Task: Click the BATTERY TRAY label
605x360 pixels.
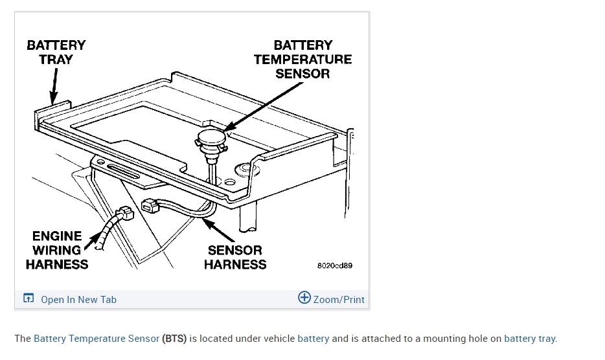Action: [x=56, y=52]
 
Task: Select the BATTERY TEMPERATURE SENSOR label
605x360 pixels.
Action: [x=302, y=59]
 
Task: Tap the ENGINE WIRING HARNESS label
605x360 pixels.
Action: [x=57, y=250]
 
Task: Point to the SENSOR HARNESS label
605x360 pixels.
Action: [x=234, y=257]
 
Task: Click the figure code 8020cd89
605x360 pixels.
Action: [x=334, y=265]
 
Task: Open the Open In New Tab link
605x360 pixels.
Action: [x=78, y=299]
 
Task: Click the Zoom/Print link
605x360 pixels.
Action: [x=339, y=299]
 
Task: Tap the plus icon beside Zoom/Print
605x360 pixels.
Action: [x=304, y=298]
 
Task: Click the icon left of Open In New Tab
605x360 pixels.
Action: [x=28, y=298]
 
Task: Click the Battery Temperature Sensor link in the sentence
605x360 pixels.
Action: [x=97, y=338]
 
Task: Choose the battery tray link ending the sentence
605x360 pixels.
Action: [x=529, y=338]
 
